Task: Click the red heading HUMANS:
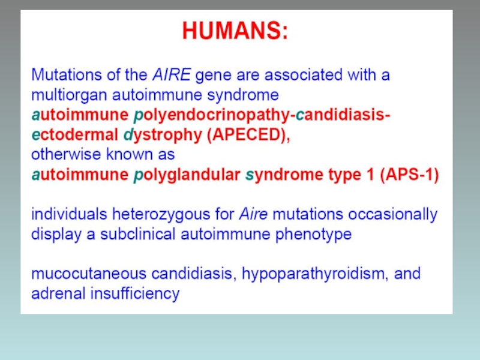click(235, 31)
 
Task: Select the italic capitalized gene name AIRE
click(172, 74)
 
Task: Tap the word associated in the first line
click(304, 74)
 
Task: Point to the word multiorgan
click(70, 95)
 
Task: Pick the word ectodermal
click(75, 134)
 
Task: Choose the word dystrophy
click(163, 136)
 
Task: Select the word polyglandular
click(187, 175)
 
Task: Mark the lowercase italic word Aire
click(253, 214)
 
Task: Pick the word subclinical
click(138, 235)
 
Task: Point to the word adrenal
click(58, 293)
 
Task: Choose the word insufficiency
click(135, 294)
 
